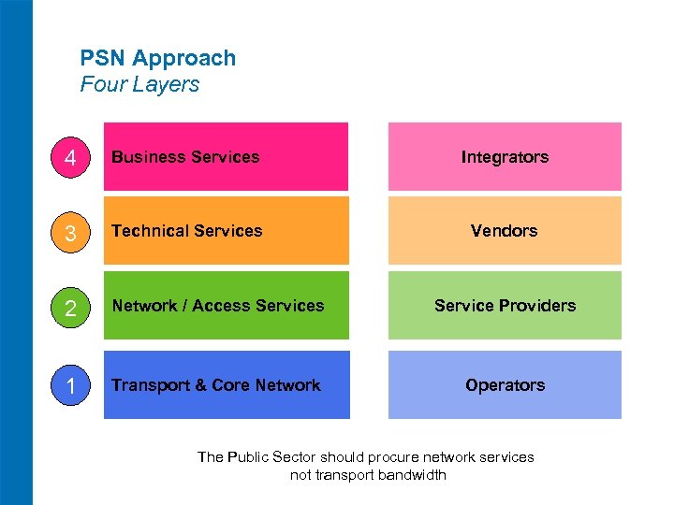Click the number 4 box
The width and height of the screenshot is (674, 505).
(x=69, y=157)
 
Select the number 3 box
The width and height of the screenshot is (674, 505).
(x=69, y=231)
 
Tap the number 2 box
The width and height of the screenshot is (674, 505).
(x=69, y=306)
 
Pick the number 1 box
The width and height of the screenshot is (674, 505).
(x=69, y=385)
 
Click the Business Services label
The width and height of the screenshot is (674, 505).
(x=185, y=157)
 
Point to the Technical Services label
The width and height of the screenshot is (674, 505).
(x=187, y=231)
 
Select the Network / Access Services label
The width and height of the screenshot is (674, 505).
(x=217, y=306)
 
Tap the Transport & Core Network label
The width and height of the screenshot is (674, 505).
(x=215, y=385)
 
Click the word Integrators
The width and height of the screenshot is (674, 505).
(x=505, y=157)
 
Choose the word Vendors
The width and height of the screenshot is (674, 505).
(x=505, y=231)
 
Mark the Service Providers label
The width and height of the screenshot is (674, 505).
(x=505, y=306)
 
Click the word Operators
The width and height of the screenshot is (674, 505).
(x=505, y=385)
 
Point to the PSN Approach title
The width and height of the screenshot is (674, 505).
(x=158, y=58)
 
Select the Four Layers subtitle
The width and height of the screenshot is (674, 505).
(x=139, y=84)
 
